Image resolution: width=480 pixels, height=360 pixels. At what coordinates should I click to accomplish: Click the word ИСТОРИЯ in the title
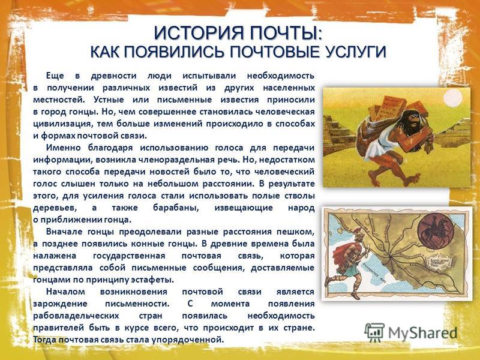pyautogui.click(x=199, y=33)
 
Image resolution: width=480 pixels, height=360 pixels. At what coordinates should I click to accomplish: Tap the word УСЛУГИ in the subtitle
pyautogui.click(x=355, y=52)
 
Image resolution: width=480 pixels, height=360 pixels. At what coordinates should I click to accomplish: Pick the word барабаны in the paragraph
pyautogui.click(x=176, y=208)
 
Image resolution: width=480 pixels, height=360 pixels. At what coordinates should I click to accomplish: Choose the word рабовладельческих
pyautogui.click(x=76, y=316)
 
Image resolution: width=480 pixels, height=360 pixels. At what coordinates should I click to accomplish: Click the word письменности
pyautogui.click(x=137, y=304)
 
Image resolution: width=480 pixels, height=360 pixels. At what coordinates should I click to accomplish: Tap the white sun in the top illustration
pyautogui.click(x=452, y=99)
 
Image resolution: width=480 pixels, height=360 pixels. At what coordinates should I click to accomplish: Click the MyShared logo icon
pyautogui.click(x=374, y=332)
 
